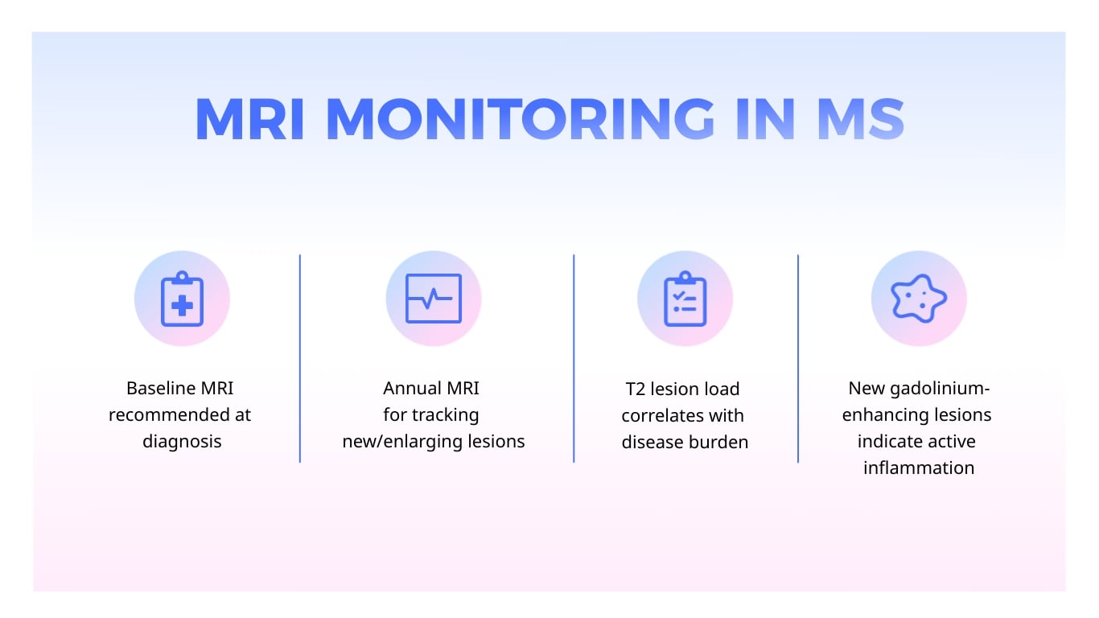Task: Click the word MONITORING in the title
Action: pyautogui.click(x=520, y=119)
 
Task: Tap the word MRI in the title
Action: pyautogui.click(x=249, y=119)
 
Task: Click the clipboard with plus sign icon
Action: pyautogui.click(x=182, y=299)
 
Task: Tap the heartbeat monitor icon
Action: pyautogui.click(x=433, y=299)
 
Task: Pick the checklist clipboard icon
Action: pyautogui.click(x=685, y=299)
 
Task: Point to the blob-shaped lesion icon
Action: pyautogui.click(x=919, y=299)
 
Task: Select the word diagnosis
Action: pyautogui.click(x=182, y=442)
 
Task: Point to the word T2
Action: pyautogui.click(x=636, y=389)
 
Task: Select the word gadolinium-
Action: pyautogui.click(x=940, y=389)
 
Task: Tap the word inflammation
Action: pyautogui.click(x=919, y=468)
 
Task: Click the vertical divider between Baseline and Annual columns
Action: pyautogui.click(x=300, y=358)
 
